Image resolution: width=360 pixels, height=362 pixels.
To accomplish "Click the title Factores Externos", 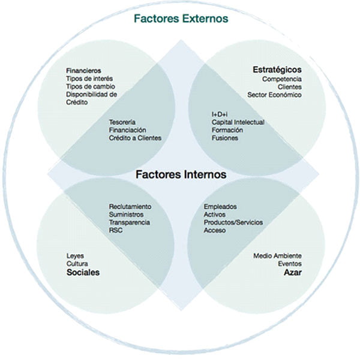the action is pos(181,19).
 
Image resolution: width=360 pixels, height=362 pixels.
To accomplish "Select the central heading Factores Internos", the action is pos(181,174).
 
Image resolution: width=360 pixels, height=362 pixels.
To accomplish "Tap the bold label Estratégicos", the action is pos(277,70).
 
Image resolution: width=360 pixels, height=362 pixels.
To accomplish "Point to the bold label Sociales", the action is pos(83,272).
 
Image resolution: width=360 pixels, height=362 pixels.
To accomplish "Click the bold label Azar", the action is pos(293,272).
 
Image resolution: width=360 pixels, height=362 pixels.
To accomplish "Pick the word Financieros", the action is pos(83,71).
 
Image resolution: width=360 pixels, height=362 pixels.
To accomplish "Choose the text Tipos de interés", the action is pos(89,79).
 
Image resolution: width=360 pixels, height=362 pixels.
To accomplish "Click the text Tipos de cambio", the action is pos(91,86).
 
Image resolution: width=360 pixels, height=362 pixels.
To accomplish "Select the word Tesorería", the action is pos(122,122).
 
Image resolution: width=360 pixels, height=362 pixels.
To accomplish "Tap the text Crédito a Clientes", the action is pos(135,138).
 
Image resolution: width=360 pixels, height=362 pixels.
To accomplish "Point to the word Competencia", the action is pos(282,79).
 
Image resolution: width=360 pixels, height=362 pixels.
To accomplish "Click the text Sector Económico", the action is pos(275,95).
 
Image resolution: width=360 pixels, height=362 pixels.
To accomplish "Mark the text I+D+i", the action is pos(220,114).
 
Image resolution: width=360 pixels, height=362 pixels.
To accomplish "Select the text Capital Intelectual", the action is pos(238,122).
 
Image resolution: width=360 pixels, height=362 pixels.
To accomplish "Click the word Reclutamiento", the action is pos(130,206).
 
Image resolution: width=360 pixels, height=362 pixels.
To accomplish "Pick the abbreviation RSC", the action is pos(116,230).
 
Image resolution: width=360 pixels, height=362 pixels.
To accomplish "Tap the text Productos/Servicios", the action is pos(233,222).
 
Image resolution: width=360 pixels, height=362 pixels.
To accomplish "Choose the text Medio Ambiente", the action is pos(278,256).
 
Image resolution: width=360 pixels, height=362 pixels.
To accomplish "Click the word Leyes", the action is pos(76,256).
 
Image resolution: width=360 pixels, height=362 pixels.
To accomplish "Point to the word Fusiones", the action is pos(225,138).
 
